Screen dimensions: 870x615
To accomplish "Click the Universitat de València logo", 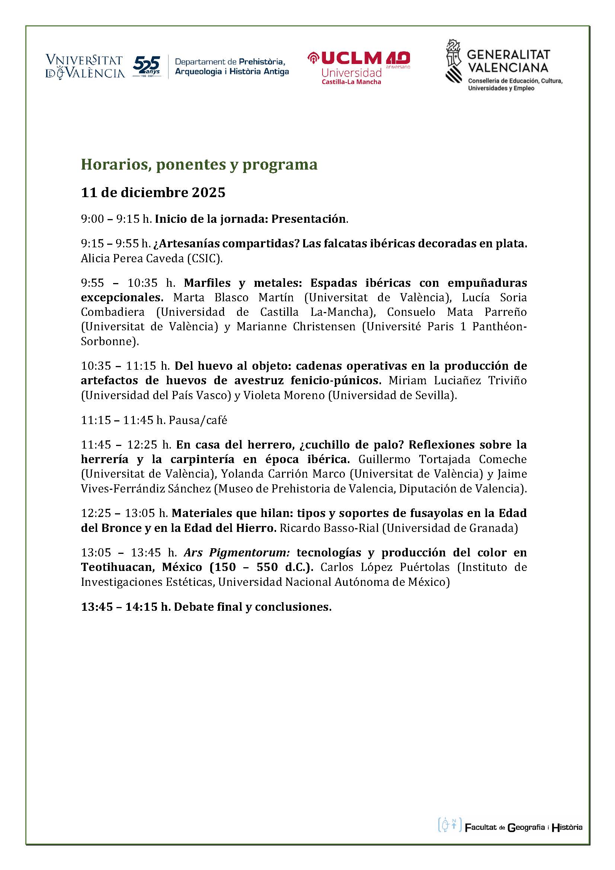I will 85,67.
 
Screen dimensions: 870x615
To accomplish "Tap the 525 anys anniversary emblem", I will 147,66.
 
